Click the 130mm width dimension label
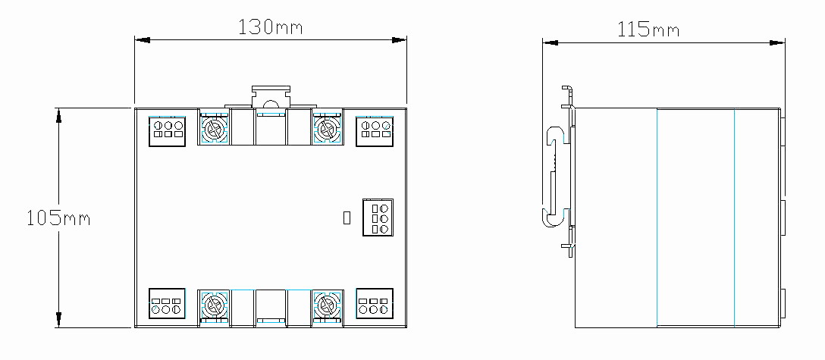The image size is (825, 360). pos(271,27)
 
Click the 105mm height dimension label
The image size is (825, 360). pos(58,218)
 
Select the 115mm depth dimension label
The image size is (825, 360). pos(648,30)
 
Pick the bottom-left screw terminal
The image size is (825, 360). pos(214,305)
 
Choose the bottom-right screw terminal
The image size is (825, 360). pos(328,305)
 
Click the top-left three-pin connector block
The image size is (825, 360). pos(168,131)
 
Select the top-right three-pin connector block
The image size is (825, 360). pos(375,131)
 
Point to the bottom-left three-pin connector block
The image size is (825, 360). pos(168,303)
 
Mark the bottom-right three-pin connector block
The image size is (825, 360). pos(375,303)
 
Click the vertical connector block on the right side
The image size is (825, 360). pos(378,217)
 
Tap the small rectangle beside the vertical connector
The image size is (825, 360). pos(347,218)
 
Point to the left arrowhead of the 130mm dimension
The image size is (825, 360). pos(143,40)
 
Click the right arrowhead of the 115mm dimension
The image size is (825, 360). pos(777,43)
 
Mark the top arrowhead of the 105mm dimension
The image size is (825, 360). pos(59,116)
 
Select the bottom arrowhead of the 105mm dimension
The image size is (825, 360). pos(59,320)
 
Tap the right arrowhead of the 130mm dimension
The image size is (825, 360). pos(400,40)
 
